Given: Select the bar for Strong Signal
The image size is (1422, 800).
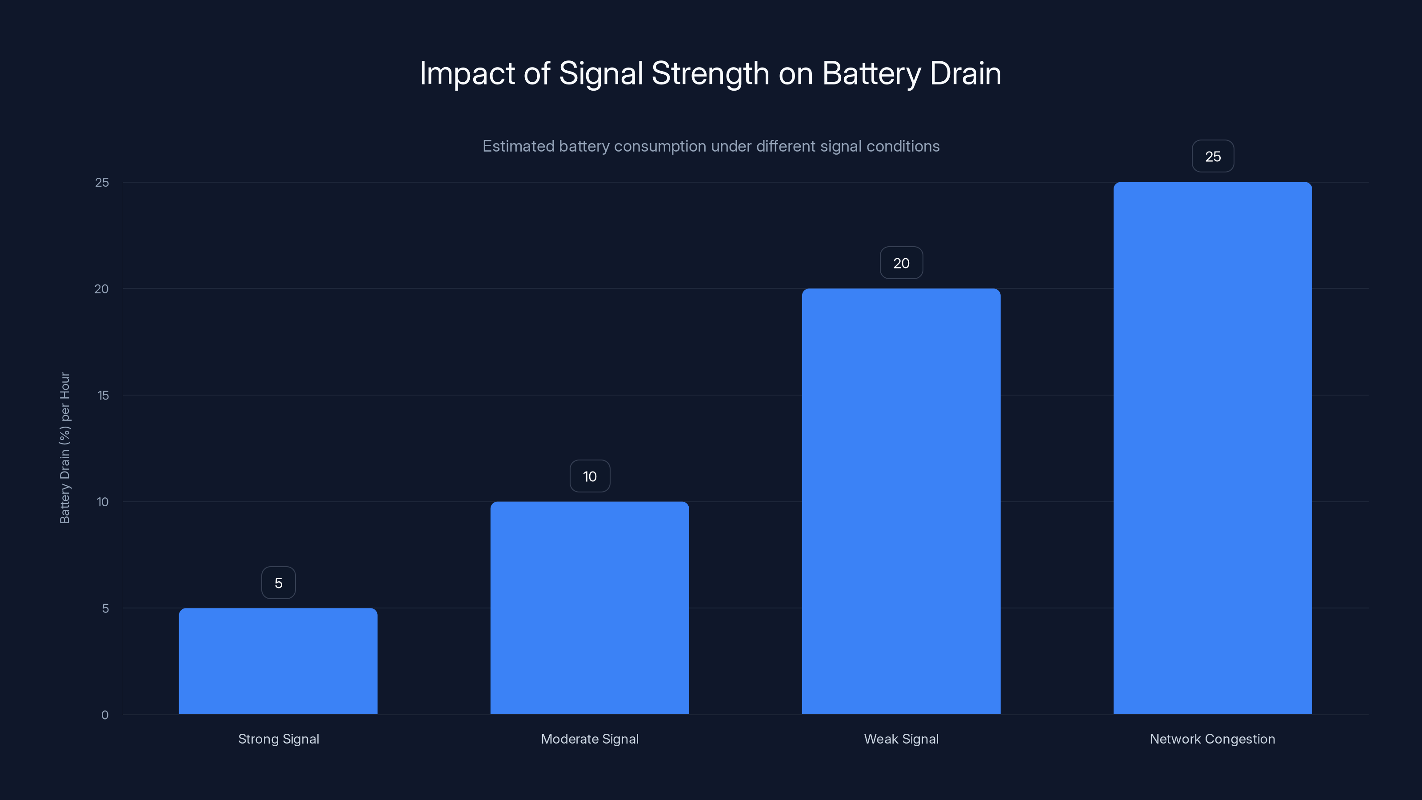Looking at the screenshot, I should coord(278,661).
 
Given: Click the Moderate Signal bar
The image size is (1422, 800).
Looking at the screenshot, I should coord(590,608).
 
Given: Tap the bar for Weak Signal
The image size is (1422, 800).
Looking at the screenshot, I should coord(901,501).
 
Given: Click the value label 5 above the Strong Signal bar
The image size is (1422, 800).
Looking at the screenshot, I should coord(278,583).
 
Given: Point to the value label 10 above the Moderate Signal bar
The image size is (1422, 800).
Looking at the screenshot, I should coord(590,476).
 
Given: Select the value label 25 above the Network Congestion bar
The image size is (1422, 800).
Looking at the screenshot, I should coord(1212,156).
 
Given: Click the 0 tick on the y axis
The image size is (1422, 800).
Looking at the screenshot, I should coord(105,715).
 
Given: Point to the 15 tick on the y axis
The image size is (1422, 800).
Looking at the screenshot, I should coord(103,395).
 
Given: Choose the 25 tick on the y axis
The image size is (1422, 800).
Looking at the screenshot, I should coord(102,182).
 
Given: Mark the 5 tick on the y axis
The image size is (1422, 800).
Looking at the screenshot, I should coord(105,608).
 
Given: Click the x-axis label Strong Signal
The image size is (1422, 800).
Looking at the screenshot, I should coord(278,739).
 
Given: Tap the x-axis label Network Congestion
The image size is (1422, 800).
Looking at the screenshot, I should coord(1212,739).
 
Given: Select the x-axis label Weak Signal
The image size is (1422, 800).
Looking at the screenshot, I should coord(901,739).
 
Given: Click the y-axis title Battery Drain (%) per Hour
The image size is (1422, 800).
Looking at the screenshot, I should coord(64,448).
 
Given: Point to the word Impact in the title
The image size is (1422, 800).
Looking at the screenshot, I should coord(467,73).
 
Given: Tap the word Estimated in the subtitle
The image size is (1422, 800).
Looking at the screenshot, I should coord(518,146).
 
